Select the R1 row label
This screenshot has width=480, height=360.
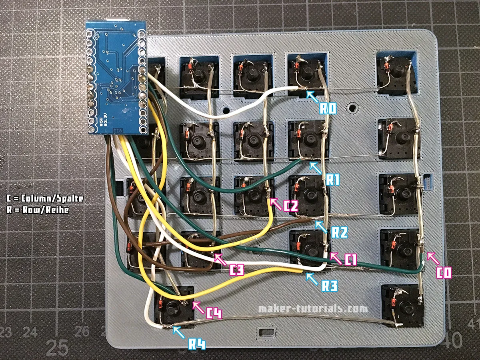(x=332, y=180)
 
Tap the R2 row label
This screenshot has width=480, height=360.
(x=339, y=232)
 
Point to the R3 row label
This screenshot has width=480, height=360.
(x=329, y=286)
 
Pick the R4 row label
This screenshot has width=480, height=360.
(x=197, y=343)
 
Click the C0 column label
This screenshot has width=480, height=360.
(x=444, y=273)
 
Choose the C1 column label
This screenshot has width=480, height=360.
(x=349, y=260)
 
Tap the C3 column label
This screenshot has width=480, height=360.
(x=236, y=270)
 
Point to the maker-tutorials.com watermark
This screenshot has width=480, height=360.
(x=313, y=309)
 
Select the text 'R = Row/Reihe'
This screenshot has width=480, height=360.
(x=38, y=210)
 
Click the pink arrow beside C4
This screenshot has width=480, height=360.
(x=197, y=306)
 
